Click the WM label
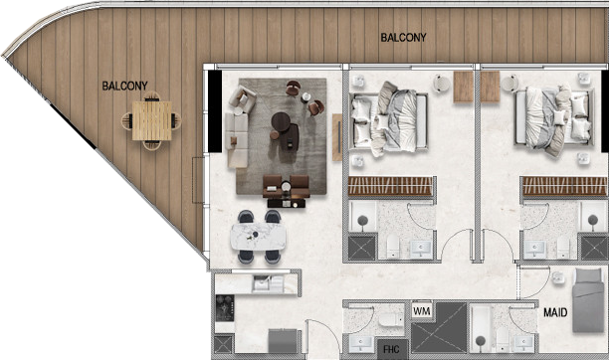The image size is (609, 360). click(422, 311)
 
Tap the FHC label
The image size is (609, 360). click(391, 349)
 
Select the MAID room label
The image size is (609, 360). click(555, 312)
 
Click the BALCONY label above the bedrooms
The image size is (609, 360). click(403, 37)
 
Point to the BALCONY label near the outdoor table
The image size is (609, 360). click(124, 86)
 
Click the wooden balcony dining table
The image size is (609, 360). click(152, 120)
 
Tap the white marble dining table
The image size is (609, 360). click(258, 236)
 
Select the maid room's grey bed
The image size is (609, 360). click(588, 300)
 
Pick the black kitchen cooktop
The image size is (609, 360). click(225, 308)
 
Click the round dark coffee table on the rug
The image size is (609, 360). click(281, 122)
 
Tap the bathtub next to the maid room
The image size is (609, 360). click(481, 328)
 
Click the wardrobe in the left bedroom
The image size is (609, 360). click(390, 186)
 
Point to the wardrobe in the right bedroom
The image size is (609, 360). click(565, 186)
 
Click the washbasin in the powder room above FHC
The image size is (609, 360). click(362, 343)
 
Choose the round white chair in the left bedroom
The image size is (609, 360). click(442, 84)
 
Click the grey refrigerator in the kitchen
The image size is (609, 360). click(283, 340)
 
